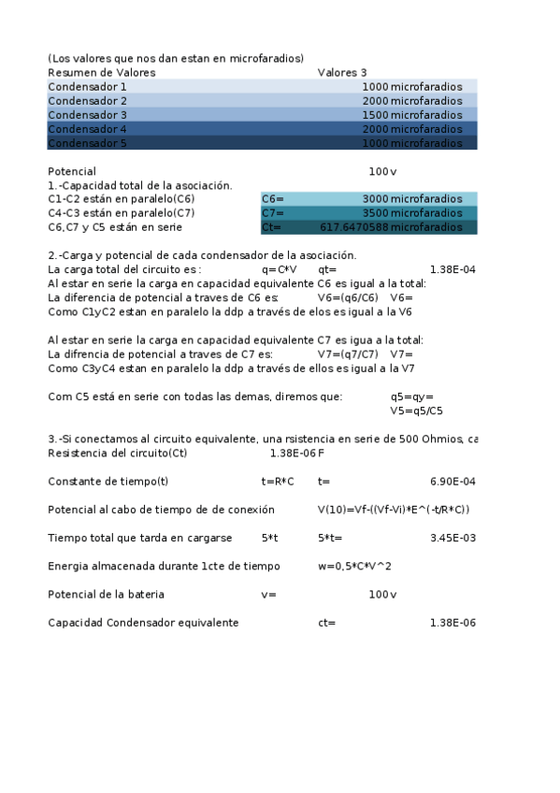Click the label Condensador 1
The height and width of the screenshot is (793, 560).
tap(87, 86)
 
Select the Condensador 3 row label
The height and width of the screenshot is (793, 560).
tap(87, 115)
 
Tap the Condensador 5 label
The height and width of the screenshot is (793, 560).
tap(87, 143)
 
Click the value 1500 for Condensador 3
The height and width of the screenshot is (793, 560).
tap(375, 115)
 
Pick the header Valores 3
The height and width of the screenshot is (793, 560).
tap(342, 72)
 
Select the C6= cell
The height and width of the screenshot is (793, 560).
tap(273, 199)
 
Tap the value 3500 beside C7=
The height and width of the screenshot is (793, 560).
tap(375, 213)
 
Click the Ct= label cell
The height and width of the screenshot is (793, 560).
tap(272, 227)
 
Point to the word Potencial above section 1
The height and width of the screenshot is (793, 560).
tap(72, 172)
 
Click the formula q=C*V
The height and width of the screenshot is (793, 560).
tap(280, 270)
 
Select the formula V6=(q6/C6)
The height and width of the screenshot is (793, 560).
tap(348, 298)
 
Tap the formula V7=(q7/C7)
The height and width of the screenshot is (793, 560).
tap(348, 354)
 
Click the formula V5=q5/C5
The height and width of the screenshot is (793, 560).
tap(416, 411)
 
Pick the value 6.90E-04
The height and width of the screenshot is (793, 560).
tap(452, 482)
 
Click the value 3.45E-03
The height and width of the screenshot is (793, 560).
tap(452, 538)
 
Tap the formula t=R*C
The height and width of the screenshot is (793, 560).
tap(278, 482)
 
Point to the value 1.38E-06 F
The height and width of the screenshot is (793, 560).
tap(296, 454)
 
